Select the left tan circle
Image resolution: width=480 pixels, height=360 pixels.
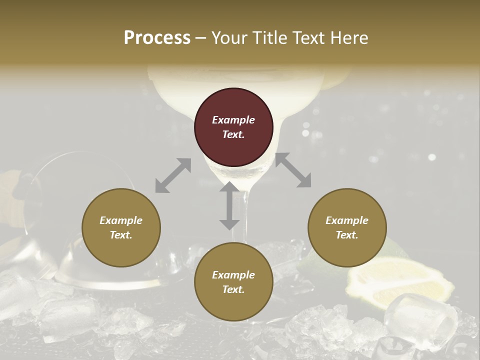121,227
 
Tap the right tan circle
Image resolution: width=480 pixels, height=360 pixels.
347,227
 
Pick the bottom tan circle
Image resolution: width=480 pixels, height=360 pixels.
233,282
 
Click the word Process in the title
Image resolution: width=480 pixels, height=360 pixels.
157,38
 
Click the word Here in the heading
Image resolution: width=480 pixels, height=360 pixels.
349,38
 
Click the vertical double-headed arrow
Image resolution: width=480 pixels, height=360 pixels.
229,206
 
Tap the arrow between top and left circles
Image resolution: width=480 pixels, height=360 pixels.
173,175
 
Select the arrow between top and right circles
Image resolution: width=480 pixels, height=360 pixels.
293,170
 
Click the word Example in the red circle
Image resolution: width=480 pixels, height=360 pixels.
233,120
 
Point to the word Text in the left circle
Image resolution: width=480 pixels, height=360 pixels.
121,235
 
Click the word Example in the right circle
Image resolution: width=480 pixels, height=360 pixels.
347,220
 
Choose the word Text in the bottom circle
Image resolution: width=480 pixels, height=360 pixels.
233,289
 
